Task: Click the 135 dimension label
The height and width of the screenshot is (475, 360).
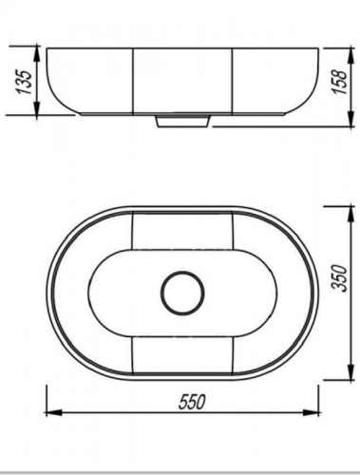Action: click(26, 82)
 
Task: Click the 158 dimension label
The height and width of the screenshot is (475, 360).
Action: click(340, 82)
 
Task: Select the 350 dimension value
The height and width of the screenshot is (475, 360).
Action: click(341, 277)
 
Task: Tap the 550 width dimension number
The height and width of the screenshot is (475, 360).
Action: click(192, 402)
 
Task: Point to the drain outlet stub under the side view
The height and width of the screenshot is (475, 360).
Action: click(183, 122)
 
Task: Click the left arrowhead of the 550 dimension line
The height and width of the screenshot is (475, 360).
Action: click(53, 412)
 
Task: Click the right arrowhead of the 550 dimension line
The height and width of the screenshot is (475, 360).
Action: click(311, 412)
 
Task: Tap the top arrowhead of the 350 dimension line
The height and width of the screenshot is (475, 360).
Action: click(351, 213)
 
